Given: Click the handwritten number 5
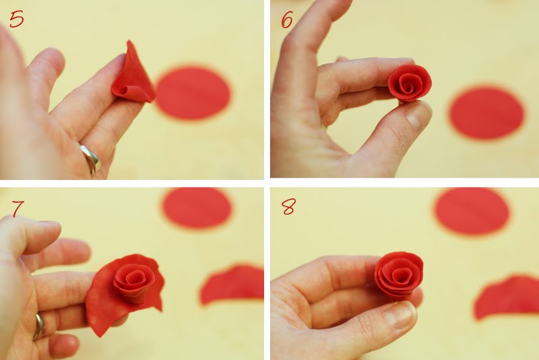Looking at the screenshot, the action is point(16,19).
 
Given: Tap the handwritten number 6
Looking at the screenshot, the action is point(287,20).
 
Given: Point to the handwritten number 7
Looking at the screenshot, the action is point(18,209).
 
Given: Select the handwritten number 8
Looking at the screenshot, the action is point(288,207).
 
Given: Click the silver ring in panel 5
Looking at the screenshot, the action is point(91,159).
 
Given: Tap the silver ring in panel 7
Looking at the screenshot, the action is point(40,326).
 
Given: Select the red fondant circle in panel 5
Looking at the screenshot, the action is point(193,93).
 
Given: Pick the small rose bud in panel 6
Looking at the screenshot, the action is point(410,83).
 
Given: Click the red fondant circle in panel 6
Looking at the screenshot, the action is point(486,113).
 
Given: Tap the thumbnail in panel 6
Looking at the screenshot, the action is point(418,115).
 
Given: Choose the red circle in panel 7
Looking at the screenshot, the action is point(197,208).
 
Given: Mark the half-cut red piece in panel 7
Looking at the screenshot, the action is point(232,284).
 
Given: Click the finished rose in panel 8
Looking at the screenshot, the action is point(399,277).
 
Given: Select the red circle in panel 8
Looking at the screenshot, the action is point(472,210).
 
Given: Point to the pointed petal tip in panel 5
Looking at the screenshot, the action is point(129,42).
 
